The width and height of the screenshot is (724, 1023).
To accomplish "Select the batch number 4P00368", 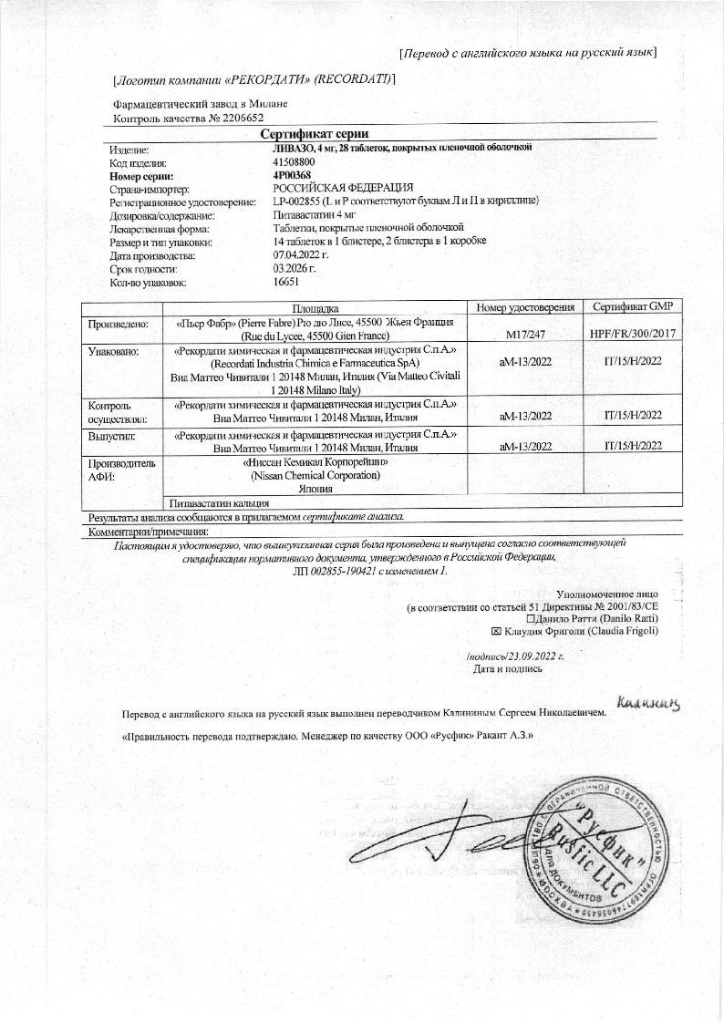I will [x=292, y=175].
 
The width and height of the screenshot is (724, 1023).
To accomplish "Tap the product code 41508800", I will [x=294, y=161].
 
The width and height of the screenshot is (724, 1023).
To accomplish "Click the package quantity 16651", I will [x=287, y=283].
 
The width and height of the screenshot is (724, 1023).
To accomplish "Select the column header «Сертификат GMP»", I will [x=632, y=307].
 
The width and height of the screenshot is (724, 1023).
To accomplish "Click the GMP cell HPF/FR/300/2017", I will [x=632, y=335].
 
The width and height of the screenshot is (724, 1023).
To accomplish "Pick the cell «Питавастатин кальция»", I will [x=219, y=502].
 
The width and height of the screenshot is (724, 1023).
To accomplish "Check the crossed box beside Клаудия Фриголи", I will [x=496, y=631].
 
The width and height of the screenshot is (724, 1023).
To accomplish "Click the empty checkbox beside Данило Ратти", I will [x=518, y=618].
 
